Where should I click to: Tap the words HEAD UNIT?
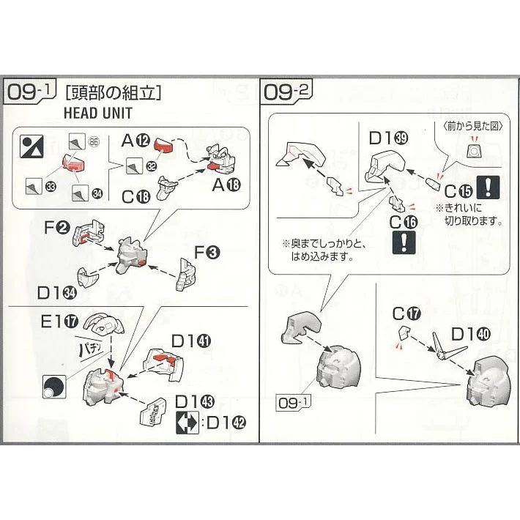point(97,114)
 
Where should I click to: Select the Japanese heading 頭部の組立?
point(113,93)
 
